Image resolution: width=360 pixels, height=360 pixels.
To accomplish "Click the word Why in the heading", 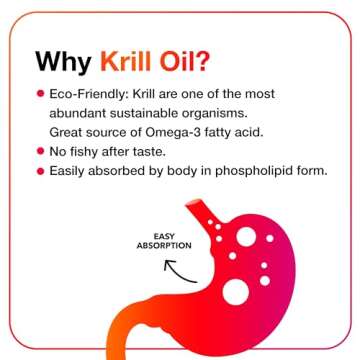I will tap(63, 61).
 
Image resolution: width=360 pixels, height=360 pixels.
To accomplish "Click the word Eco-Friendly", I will tap(86, 93).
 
